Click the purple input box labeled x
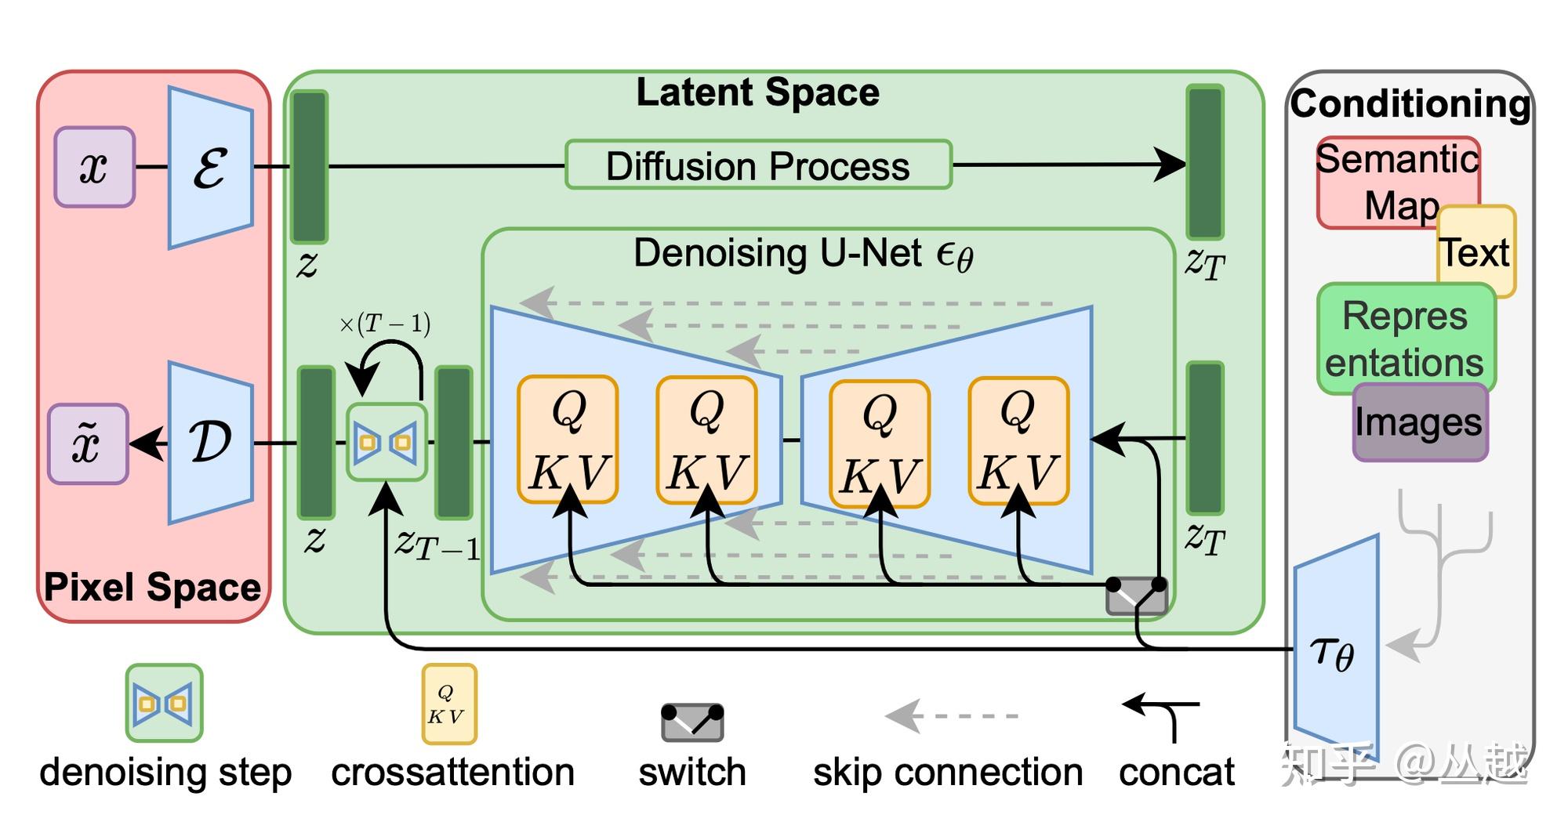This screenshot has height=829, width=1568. pos(94,167)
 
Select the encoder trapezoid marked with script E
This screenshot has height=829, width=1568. pos(210,168)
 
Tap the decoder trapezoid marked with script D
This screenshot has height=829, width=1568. pos(210,443)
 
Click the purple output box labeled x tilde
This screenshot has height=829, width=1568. pos(87,443)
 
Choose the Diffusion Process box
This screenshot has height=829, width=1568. pos(758,165)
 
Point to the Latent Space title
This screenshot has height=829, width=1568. pos(757,92)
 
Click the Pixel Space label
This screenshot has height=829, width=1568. pos(152,587)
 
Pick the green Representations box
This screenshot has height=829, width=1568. pos(1405,338)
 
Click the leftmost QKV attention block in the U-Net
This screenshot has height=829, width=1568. pos(568,440)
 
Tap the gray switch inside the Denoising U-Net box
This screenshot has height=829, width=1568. pos(1136,596)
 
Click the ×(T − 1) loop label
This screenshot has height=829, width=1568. pos(385,324)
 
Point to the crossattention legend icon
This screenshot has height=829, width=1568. pos(448,704)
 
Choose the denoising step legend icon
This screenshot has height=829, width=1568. pos(164,703)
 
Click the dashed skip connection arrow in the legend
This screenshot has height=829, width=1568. pos(951,715)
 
